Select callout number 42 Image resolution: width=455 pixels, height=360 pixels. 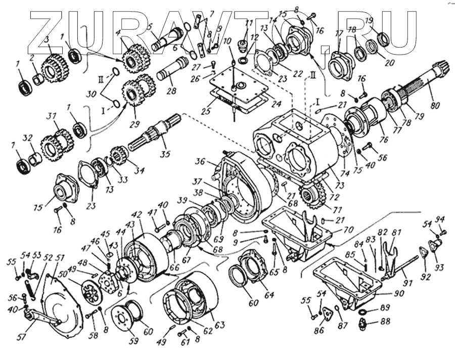pos(123,214)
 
